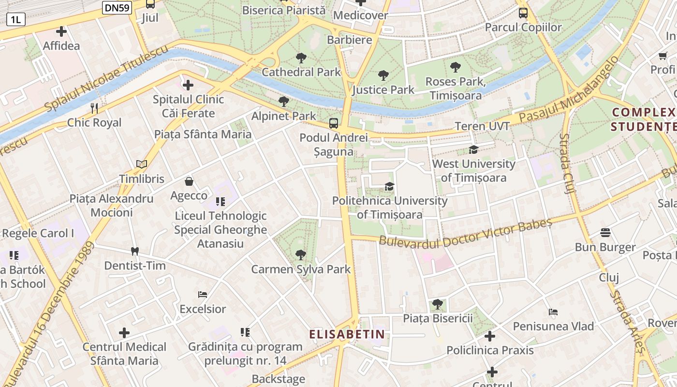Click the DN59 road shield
point(117,7)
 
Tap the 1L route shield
point(15,19)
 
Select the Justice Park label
point(383,89)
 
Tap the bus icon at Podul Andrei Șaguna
point(334,123)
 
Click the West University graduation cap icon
point(473,150)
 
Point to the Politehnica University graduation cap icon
point(389,187)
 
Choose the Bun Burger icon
point(605,233)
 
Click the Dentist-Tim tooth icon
point(135,251)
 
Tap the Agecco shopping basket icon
point(189,181)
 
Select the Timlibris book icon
point(142,164)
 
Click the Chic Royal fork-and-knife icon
point(94,108)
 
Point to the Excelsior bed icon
point(203,294)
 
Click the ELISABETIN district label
point(347,334)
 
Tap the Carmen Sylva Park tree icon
point(301,254)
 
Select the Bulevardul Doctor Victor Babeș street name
point(465,233)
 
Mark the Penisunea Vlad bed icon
point(553,312)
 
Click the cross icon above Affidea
point(61,32)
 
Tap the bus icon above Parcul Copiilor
point(523,13)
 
